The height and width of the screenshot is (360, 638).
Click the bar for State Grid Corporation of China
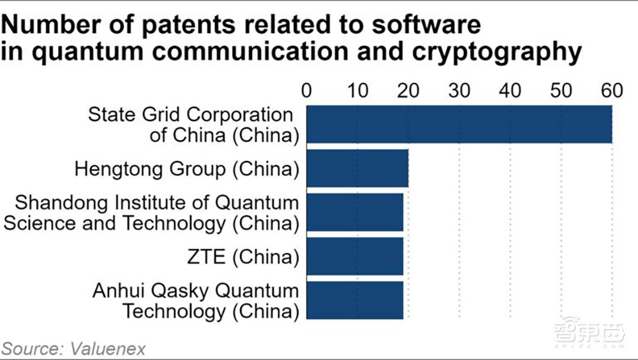(459, 124)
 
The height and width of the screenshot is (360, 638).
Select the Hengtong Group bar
(357, 169)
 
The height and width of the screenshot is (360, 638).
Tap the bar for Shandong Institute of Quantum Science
(355, 212)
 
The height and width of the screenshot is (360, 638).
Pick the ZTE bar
(355, 256)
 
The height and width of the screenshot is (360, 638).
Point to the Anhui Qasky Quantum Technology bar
(355, 300)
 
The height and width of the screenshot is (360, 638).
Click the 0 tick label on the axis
(307, 90)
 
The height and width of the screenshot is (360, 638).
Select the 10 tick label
(358, 90)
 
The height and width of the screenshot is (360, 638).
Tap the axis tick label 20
(409, 90)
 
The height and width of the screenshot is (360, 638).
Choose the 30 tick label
(459, 90)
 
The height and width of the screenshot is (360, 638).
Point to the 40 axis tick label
(510, 90)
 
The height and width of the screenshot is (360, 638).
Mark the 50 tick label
(561, 90)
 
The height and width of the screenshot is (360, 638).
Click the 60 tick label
(612, 90)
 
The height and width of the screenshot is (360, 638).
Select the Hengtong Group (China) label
(186, 169)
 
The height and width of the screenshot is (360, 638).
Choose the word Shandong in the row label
(56, 203)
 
